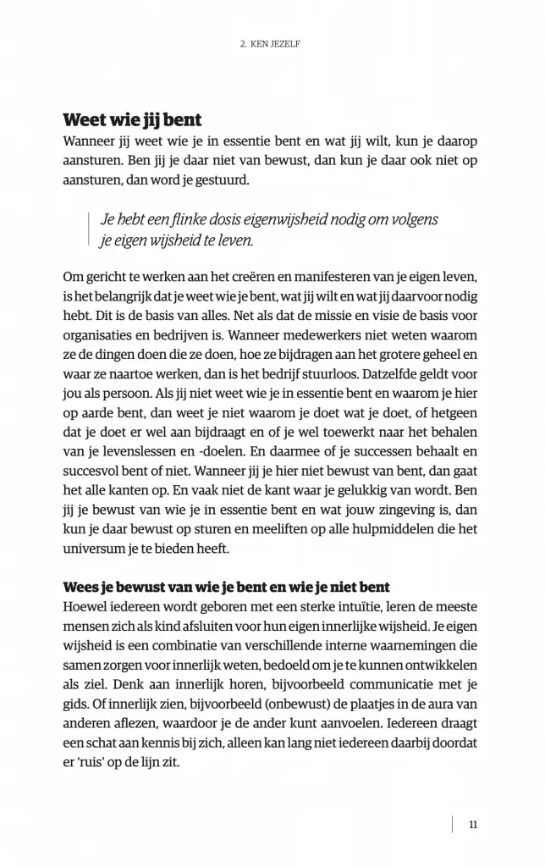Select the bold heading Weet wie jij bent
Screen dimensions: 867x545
point(132,119)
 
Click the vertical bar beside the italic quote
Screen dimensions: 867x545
point(89,229)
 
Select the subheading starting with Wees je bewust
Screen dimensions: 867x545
point(226,587)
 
